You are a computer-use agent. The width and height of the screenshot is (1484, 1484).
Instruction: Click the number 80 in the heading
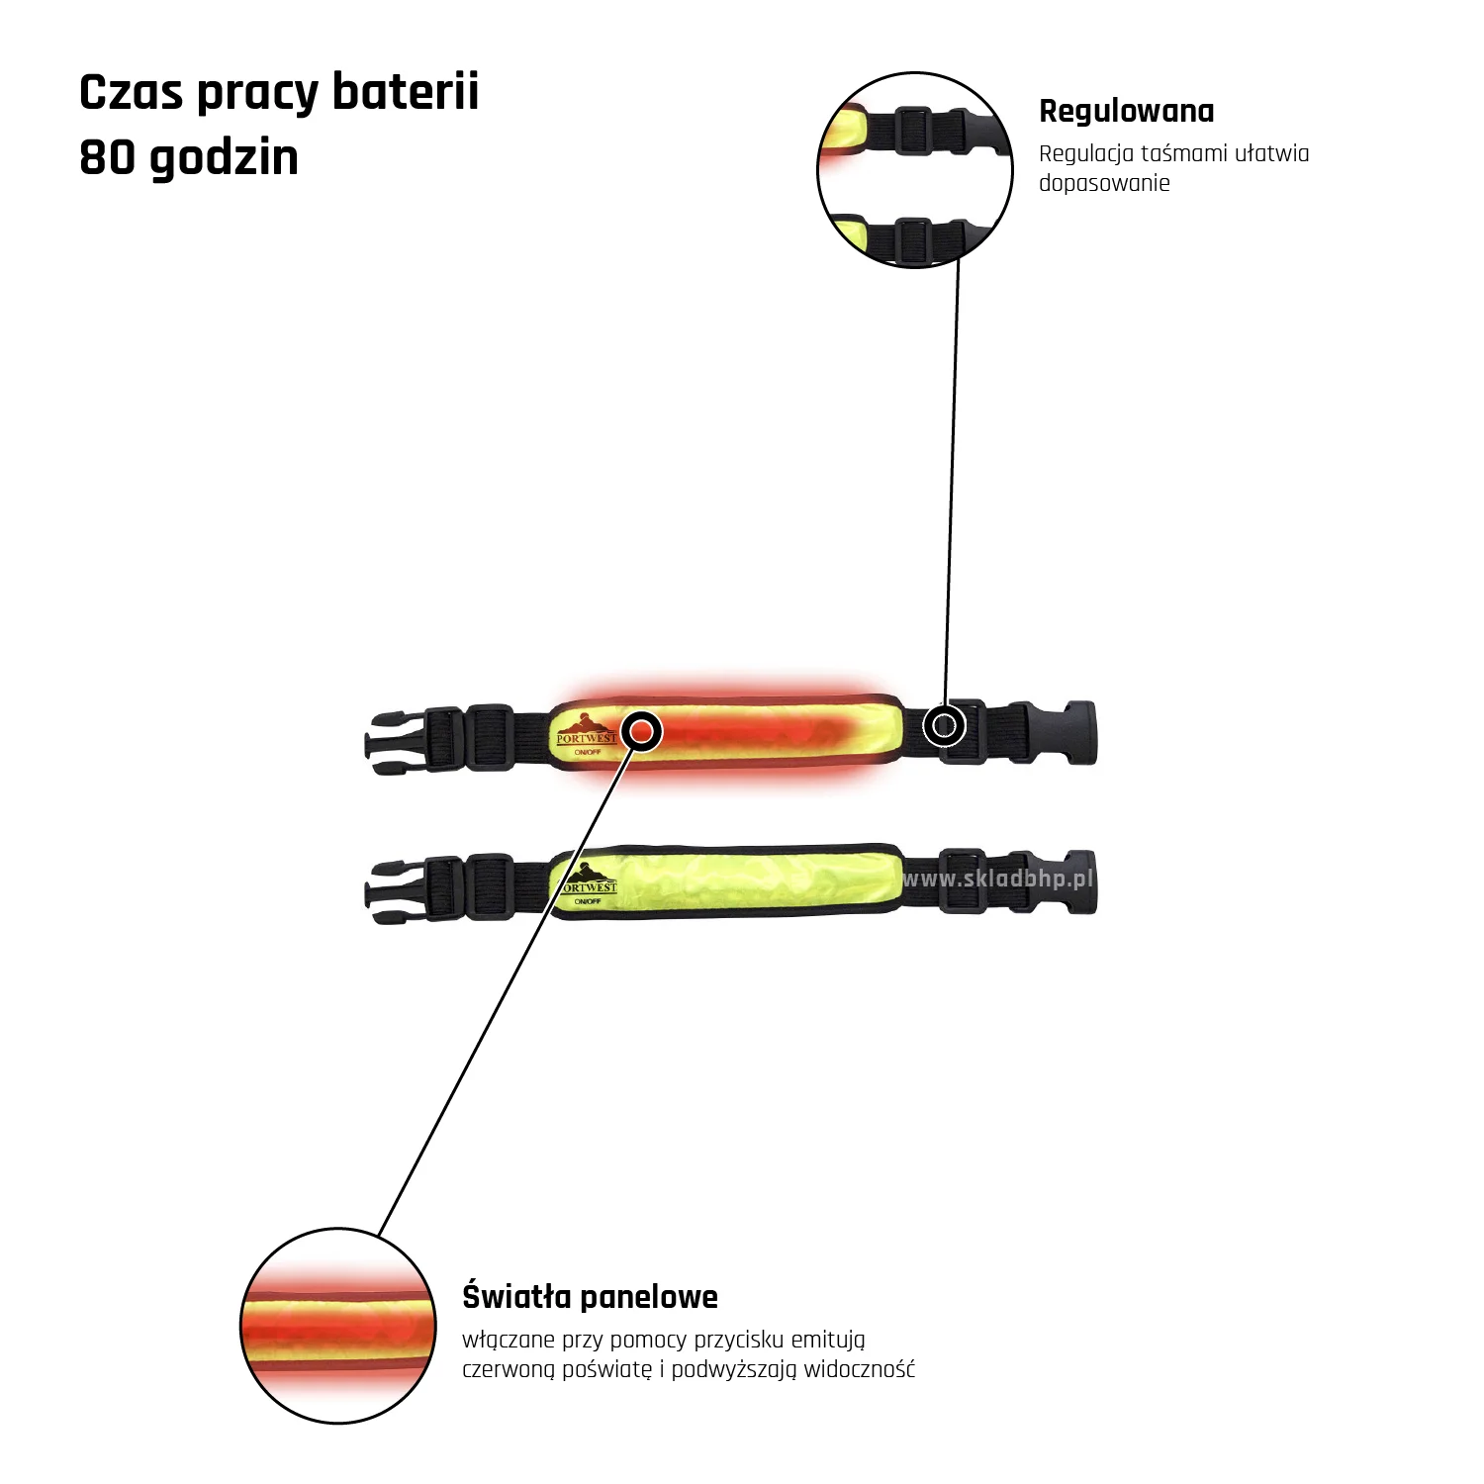(x=106, y=157)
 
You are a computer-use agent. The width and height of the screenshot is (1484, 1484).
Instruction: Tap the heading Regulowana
(x=1126, y=111)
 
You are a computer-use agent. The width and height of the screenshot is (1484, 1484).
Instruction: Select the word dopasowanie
(x=1104, y=183)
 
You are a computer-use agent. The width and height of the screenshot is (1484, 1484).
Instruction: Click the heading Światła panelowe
(x=590, y=1296)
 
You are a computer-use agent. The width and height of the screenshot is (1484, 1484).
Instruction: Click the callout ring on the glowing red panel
(x=643, y=732)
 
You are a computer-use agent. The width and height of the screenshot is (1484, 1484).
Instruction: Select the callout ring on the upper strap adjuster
(x=944, y=726)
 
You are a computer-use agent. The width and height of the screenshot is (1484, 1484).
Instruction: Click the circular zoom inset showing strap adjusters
(x=915, y=170)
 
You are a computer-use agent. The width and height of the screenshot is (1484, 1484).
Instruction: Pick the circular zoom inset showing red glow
(x=338, y=1326)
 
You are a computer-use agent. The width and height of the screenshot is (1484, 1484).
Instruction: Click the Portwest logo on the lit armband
(x=586, y=731)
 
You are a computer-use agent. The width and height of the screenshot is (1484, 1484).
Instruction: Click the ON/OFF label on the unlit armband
(x=588, y=902)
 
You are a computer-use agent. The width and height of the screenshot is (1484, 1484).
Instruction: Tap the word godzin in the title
(x=224, y=157)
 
